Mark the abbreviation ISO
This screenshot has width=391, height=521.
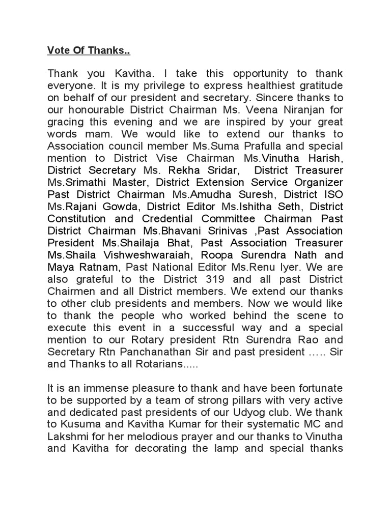pyautogui.click(x=333, y=195)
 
